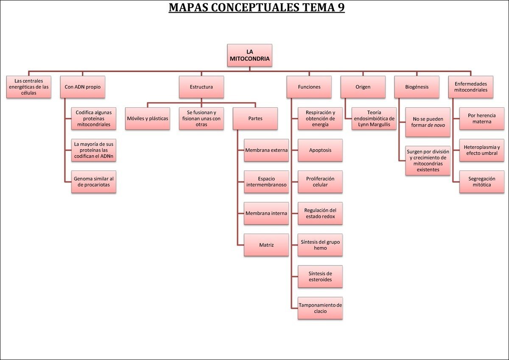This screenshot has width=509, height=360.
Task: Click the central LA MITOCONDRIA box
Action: [x=249, y=55]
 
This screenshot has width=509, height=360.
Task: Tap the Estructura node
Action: [x=201, y=87]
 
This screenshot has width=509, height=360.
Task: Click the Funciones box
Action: [x=309, y=87]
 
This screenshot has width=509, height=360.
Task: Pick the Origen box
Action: [x=363, y=87]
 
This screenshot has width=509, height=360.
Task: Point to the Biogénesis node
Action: [x=417, y=87]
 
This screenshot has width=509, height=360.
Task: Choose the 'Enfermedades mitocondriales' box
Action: [x=471, y=87]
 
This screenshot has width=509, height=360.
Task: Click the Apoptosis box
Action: [x=320, y=150]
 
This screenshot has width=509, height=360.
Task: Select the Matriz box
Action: [x=266, y=245]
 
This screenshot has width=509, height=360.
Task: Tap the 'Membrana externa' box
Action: [x=266, y=150]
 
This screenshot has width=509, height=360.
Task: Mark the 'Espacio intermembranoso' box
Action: [x=266, y=181]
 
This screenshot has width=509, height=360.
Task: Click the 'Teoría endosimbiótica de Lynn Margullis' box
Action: [x=374, y=118]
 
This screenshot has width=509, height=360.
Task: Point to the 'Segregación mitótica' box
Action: [x=482, y=181]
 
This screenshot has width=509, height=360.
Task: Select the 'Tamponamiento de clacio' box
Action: [x=320, y=308]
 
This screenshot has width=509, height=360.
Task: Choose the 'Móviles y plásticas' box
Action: [x=148, y=118]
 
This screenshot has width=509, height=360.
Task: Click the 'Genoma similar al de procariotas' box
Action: [x=94, y=181]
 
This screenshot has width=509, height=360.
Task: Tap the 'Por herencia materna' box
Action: [x=482, y=118]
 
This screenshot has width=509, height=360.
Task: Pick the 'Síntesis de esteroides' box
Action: [x=320, y=276]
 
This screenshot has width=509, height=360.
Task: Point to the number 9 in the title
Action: [x=341, y=8]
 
